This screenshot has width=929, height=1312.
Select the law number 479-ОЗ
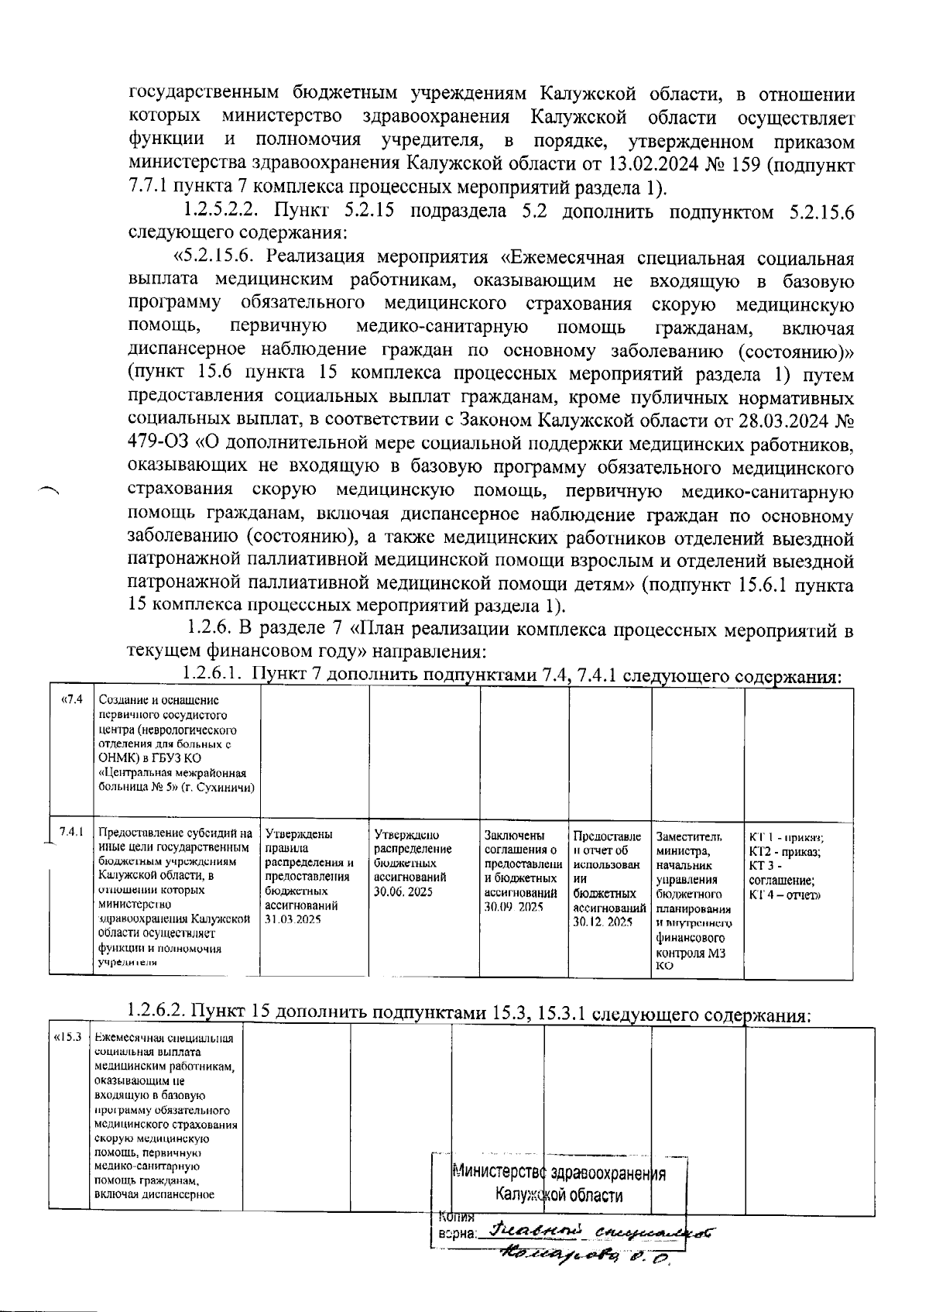pyautogui.click(x=160, y=445)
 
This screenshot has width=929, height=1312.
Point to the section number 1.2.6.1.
pyautogui.click(x=214, y=675)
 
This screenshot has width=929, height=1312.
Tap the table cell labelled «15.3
pyautogui.click(x=67, y=1037)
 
